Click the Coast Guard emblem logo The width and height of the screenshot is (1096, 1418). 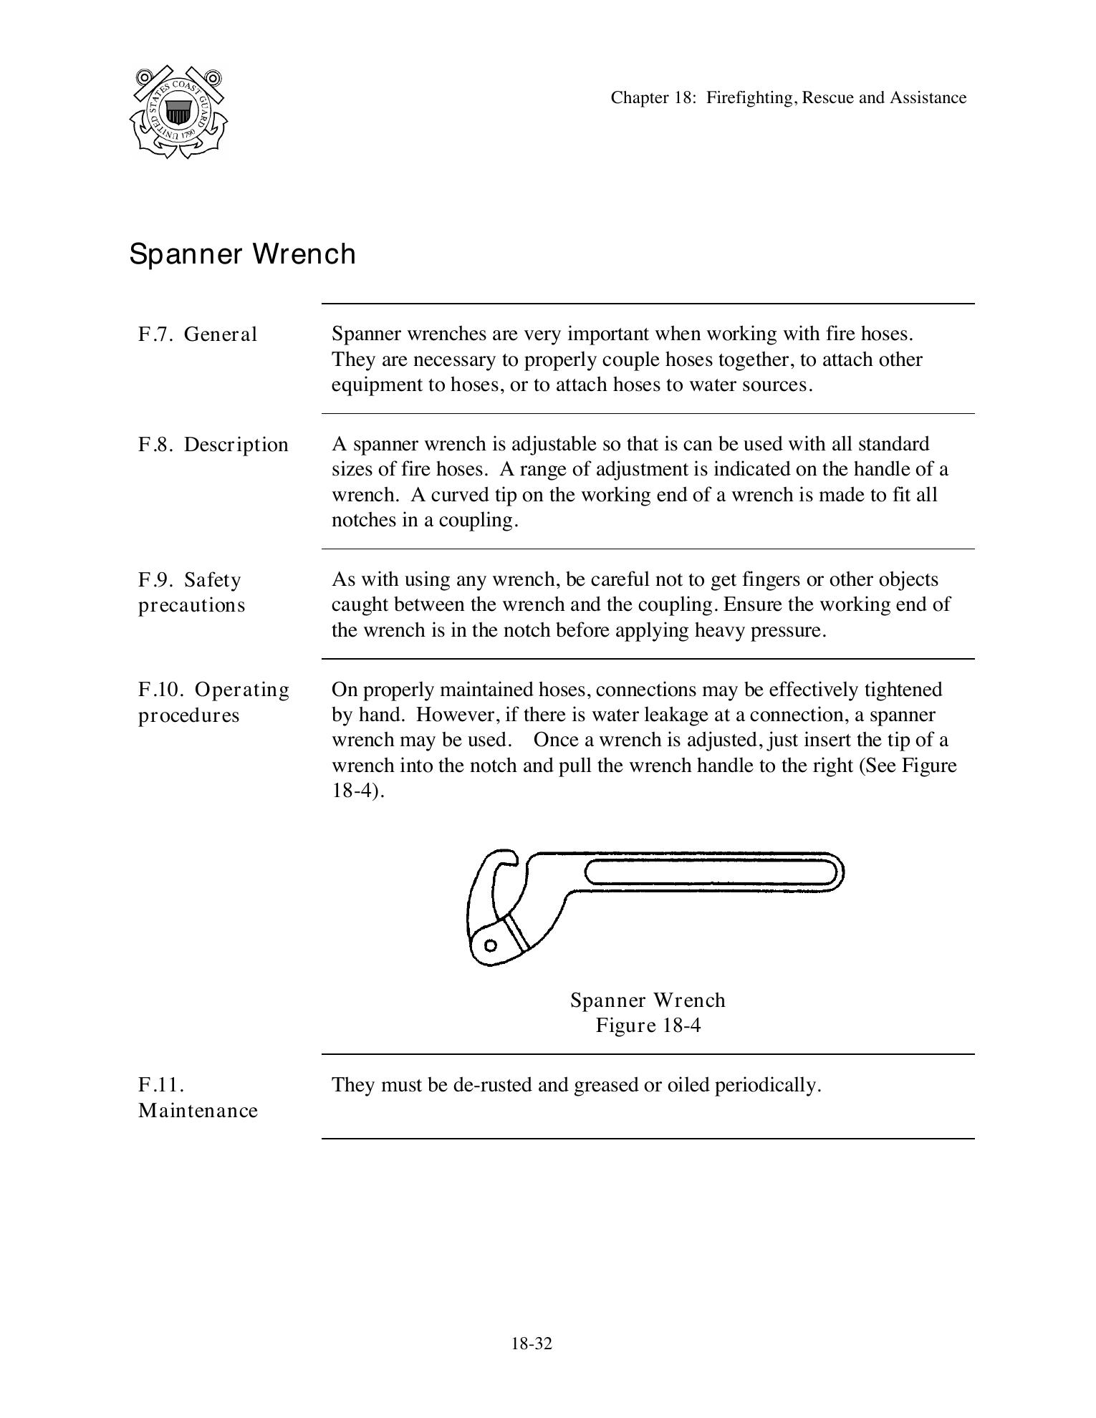(178, 112)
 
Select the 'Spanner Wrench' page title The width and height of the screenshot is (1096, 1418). (242, 254)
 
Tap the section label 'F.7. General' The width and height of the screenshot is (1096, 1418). (198, 334)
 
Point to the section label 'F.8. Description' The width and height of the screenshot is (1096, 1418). (213, 445)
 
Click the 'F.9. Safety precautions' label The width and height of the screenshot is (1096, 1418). (191, 592)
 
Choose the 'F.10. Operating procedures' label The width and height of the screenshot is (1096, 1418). (213, 702)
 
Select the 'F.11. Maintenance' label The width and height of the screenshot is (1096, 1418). (197, 1098)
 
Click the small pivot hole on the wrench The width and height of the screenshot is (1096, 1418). (491, 945)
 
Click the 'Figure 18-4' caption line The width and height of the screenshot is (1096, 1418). (648, 1026)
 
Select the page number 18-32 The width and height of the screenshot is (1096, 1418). (532, 1344)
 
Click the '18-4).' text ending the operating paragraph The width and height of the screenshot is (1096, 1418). (357, 791)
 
